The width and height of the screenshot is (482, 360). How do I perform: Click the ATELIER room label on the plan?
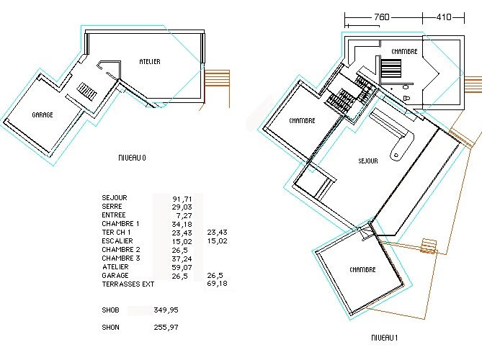150,62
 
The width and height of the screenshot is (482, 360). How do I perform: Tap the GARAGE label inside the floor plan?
43,114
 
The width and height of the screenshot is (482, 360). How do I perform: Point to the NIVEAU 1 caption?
385,337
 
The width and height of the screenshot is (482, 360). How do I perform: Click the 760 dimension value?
383,17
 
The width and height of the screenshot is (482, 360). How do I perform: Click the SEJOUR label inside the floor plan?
367,161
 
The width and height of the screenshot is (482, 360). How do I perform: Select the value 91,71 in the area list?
181,198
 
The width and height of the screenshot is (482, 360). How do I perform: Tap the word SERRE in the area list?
112,207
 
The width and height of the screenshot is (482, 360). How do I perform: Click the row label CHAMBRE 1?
120,224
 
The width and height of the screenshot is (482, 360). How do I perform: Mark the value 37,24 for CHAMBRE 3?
181,258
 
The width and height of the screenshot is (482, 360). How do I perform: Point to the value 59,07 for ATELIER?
181,267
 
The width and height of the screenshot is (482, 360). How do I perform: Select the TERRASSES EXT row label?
128,284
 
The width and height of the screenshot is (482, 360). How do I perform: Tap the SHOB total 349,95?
166,310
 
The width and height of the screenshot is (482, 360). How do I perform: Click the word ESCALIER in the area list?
117,241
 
